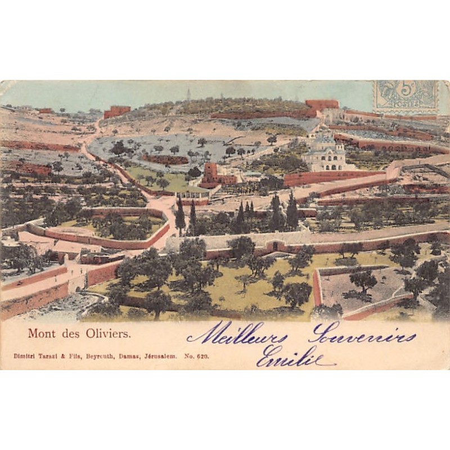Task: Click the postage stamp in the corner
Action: [406, 96]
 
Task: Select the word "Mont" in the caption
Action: [38, 333]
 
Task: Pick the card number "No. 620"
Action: [197, 356]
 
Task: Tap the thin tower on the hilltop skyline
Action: [188, 94]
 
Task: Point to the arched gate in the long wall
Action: [276, 246]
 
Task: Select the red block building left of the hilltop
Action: [116, 111]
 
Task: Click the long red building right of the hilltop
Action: [322, 105]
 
